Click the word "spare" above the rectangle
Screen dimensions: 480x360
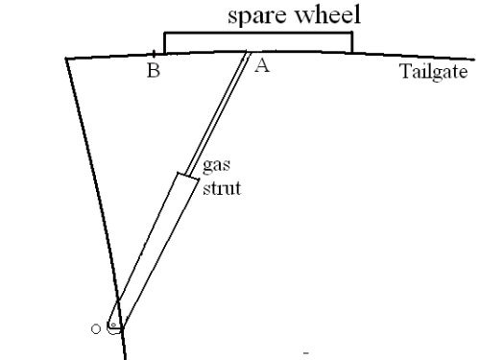(256, 16)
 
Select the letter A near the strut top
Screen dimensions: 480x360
(262, 66)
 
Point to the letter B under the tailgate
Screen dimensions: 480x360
(154, 70)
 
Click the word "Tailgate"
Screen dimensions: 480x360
(434, 72)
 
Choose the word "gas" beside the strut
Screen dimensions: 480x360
(216, 166)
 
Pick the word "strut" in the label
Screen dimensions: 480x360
(222, 188)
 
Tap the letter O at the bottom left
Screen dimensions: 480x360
(96, 329)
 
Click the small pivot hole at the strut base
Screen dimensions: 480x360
(113, 325)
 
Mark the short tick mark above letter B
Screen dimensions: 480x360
(154, 54)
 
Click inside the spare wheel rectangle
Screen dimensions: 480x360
(258, 42)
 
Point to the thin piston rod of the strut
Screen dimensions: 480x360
(217, 114)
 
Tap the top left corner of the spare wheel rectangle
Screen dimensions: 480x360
(164, 33)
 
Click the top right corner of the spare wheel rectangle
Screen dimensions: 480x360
(352, 33)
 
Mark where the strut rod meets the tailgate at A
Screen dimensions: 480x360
(248, 52)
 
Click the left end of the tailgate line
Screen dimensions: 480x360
(66, 59)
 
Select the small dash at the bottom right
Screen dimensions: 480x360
(306, 353)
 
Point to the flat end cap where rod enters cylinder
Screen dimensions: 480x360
(188, 177)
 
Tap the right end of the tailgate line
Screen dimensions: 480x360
(474, 60)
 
